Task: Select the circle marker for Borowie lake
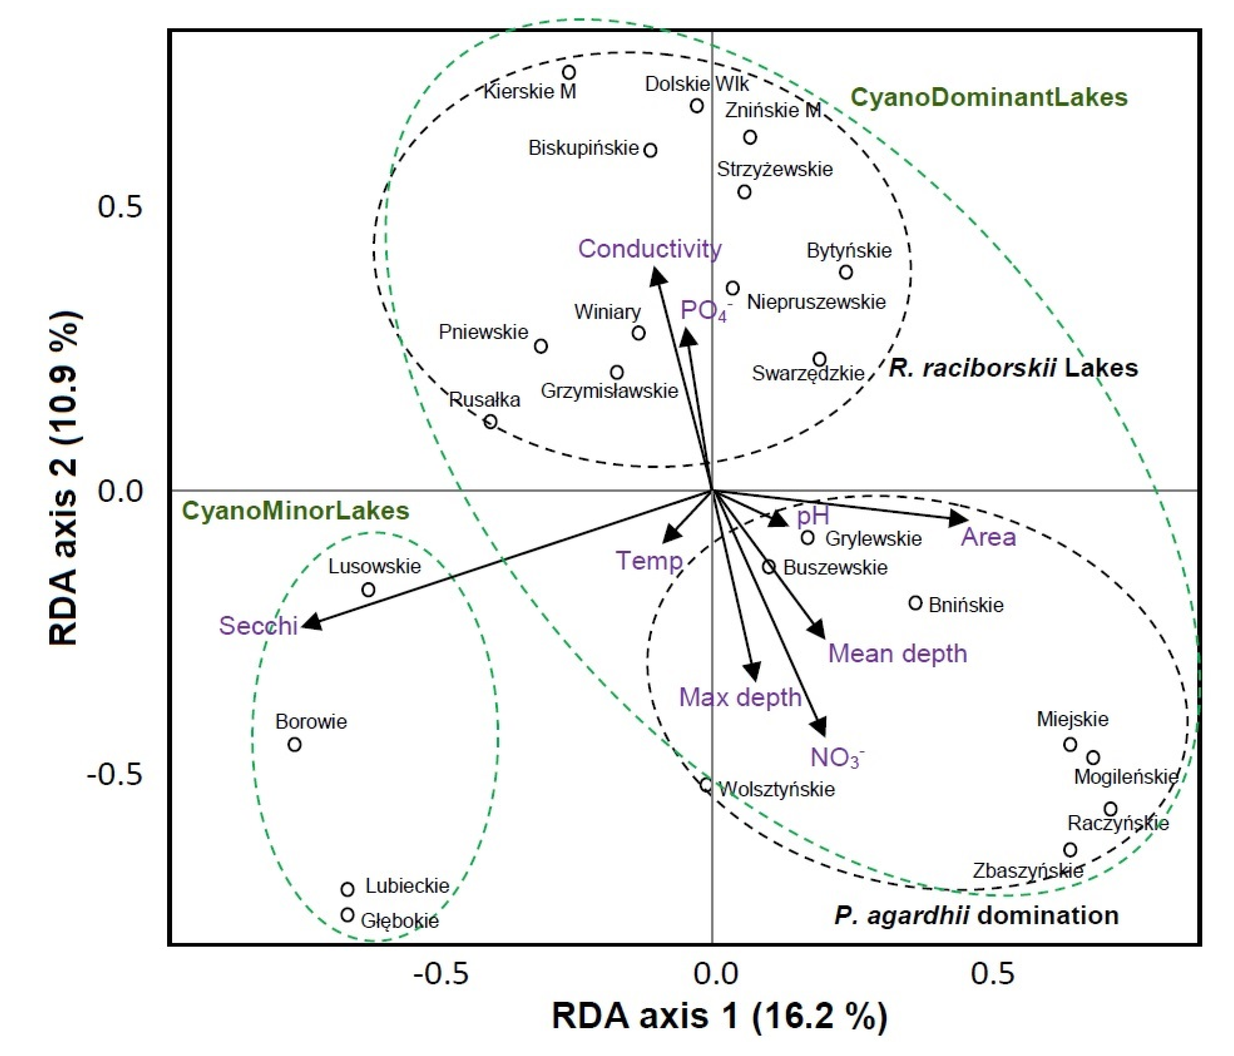(x=294, y=744)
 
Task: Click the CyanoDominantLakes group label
(x=989, y=98)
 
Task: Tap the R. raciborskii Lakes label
(x=1013, y=368)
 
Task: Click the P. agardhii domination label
(x=976, y=915)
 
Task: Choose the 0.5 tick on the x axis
(x=991, y=974)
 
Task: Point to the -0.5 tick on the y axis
(x=115, y=774)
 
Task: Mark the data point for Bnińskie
(x=915, y=603)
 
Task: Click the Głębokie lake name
(x=400, y=921)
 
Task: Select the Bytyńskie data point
(x=846, y=272)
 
